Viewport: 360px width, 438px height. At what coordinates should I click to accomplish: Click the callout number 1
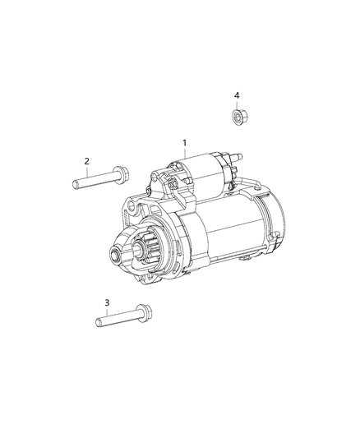click(185, 143)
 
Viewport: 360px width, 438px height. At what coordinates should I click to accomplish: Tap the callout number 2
click(86, 161)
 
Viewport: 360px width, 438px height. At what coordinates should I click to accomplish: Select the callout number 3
click(107, 302)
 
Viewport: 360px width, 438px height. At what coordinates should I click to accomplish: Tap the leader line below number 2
click(86, 170)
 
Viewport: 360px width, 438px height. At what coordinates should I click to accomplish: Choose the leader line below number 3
click(107, 311)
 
